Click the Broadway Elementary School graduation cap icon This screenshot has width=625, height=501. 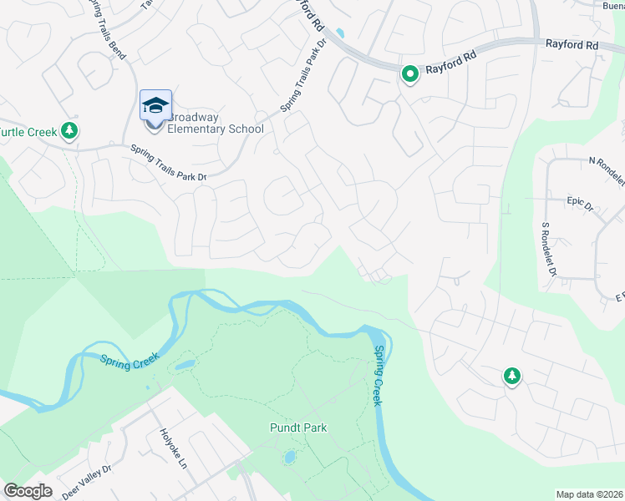pos(155,106)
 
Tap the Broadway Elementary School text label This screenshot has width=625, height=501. pos(216,122)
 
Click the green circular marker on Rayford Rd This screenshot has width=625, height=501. pos(410,75)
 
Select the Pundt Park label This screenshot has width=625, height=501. pos(298,428)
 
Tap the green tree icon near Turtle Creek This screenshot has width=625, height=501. pos(71,130)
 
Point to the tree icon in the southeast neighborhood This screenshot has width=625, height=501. pos(511,377)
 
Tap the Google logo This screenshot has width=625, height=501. pos(28,490)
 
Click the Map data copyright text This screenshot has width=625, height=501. pos(589,494)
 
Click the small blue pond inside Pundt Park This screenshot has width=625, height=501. pos(289,458)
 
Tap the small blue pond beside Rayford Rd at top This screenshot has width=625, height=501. pos(339,34)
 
